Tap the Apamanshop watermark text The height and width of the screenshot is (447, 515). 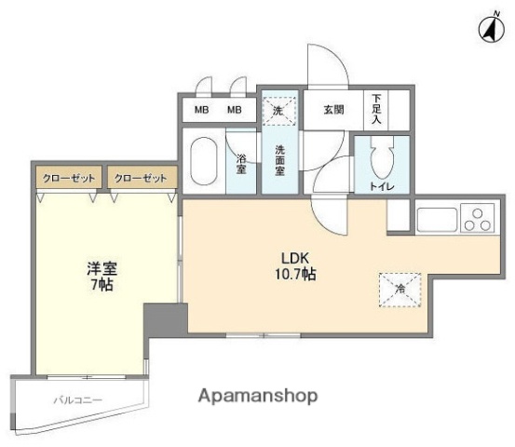click(x=257, y=396)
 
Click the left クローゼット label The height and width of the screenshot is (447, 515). click(x=69, y=177)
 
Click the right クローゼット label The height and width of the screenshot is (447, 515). click(x=142, y=177)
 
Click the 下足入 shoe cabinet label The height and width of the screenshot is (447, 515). click(x=377, y=109)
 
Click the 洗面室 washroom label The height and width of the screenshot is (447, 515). click(x=279, y=161)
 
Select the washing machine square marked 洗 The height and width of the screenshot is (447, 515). click(x=278, y=109)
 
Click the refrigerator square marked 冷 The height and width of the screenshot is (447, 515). click(x=400, y=290)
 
